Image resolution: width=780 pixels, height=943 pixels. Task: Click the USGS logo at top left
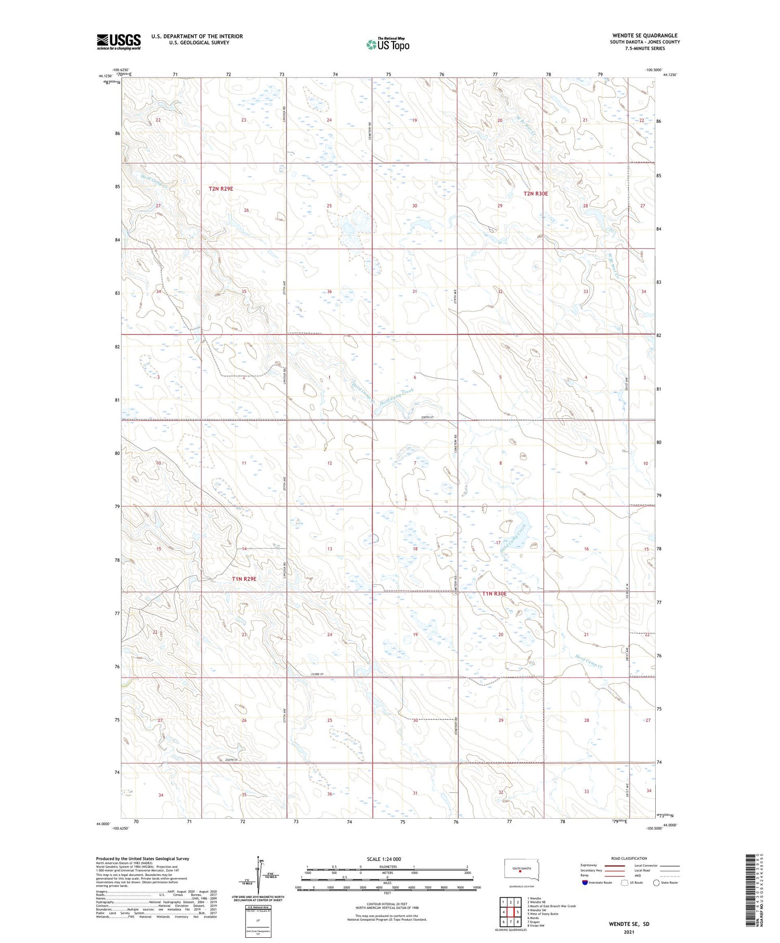tap(119, 42)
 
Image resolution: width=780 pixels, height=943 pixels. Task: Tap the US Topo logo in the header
tap(388, 44)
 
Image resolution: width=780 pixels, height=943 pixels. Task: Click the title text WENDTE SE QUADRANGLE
tap(644, 35)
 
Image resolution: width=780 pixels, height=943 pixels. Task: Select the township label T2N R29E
tap(221, 189)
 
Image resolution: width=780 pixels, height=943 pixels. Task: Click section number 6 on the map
tap(415, 377)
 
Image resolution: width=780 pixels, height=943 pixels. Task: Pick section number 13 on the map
tap(329, 549)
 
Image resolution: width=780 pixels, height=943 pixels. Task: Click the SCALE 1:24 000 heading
tap(384, 859)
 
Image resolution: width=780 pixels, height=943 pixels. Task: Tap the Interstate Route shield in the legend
tap(586, 883)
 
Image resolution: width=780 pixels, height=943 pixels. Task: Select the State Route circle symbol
tap(656, 883)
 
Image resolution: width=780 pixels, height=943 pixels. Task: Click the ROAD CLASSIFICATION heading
tap(629, 858)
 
